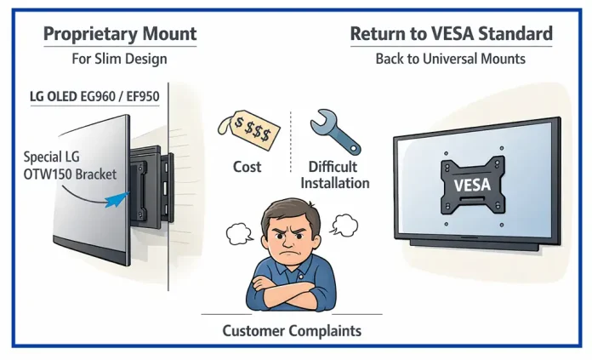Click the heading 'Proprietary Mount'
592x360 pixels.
click(120, 35)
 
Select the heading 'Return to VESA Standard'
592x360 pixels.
click(451, 35)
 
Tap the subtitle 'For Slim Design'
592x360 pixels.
click(119, 60)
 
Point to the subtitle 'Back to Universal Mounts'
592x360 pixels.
click(451, 60)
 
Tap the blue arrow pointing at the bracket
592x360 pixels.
click(114, 201)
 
